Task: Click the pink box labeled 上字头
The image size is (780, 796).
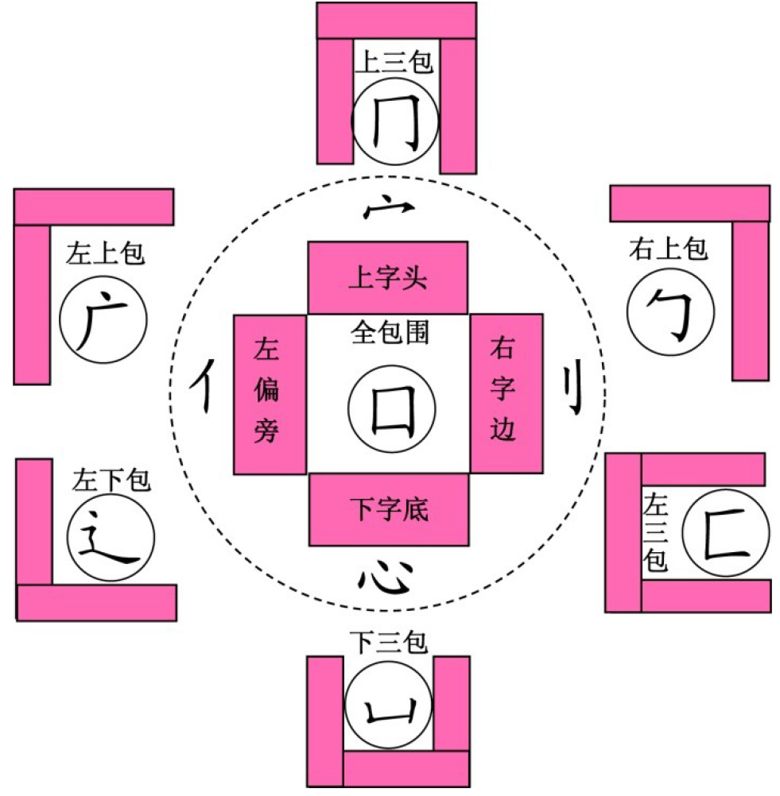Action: (x=388, y=278)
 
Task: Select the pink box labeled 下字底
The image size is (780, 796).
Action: (x=388, y=509)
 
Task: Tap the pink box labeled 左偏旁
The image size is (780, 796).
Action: (x=269, y=394)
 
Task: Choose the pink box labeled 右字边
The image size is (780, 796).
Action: (x=506, y=394)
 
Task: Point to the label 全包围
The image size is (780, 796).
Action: (x=390, y=331)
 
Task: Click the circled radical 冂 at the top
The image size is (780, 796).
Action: (x=395, y=122)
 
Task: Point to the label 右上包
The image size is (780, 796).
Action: (x=668, y=249)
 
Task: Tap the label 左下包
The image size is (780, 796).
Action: (x=111, y=480)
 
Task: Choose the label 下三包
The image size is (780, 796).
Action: (x=389, y=642)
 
